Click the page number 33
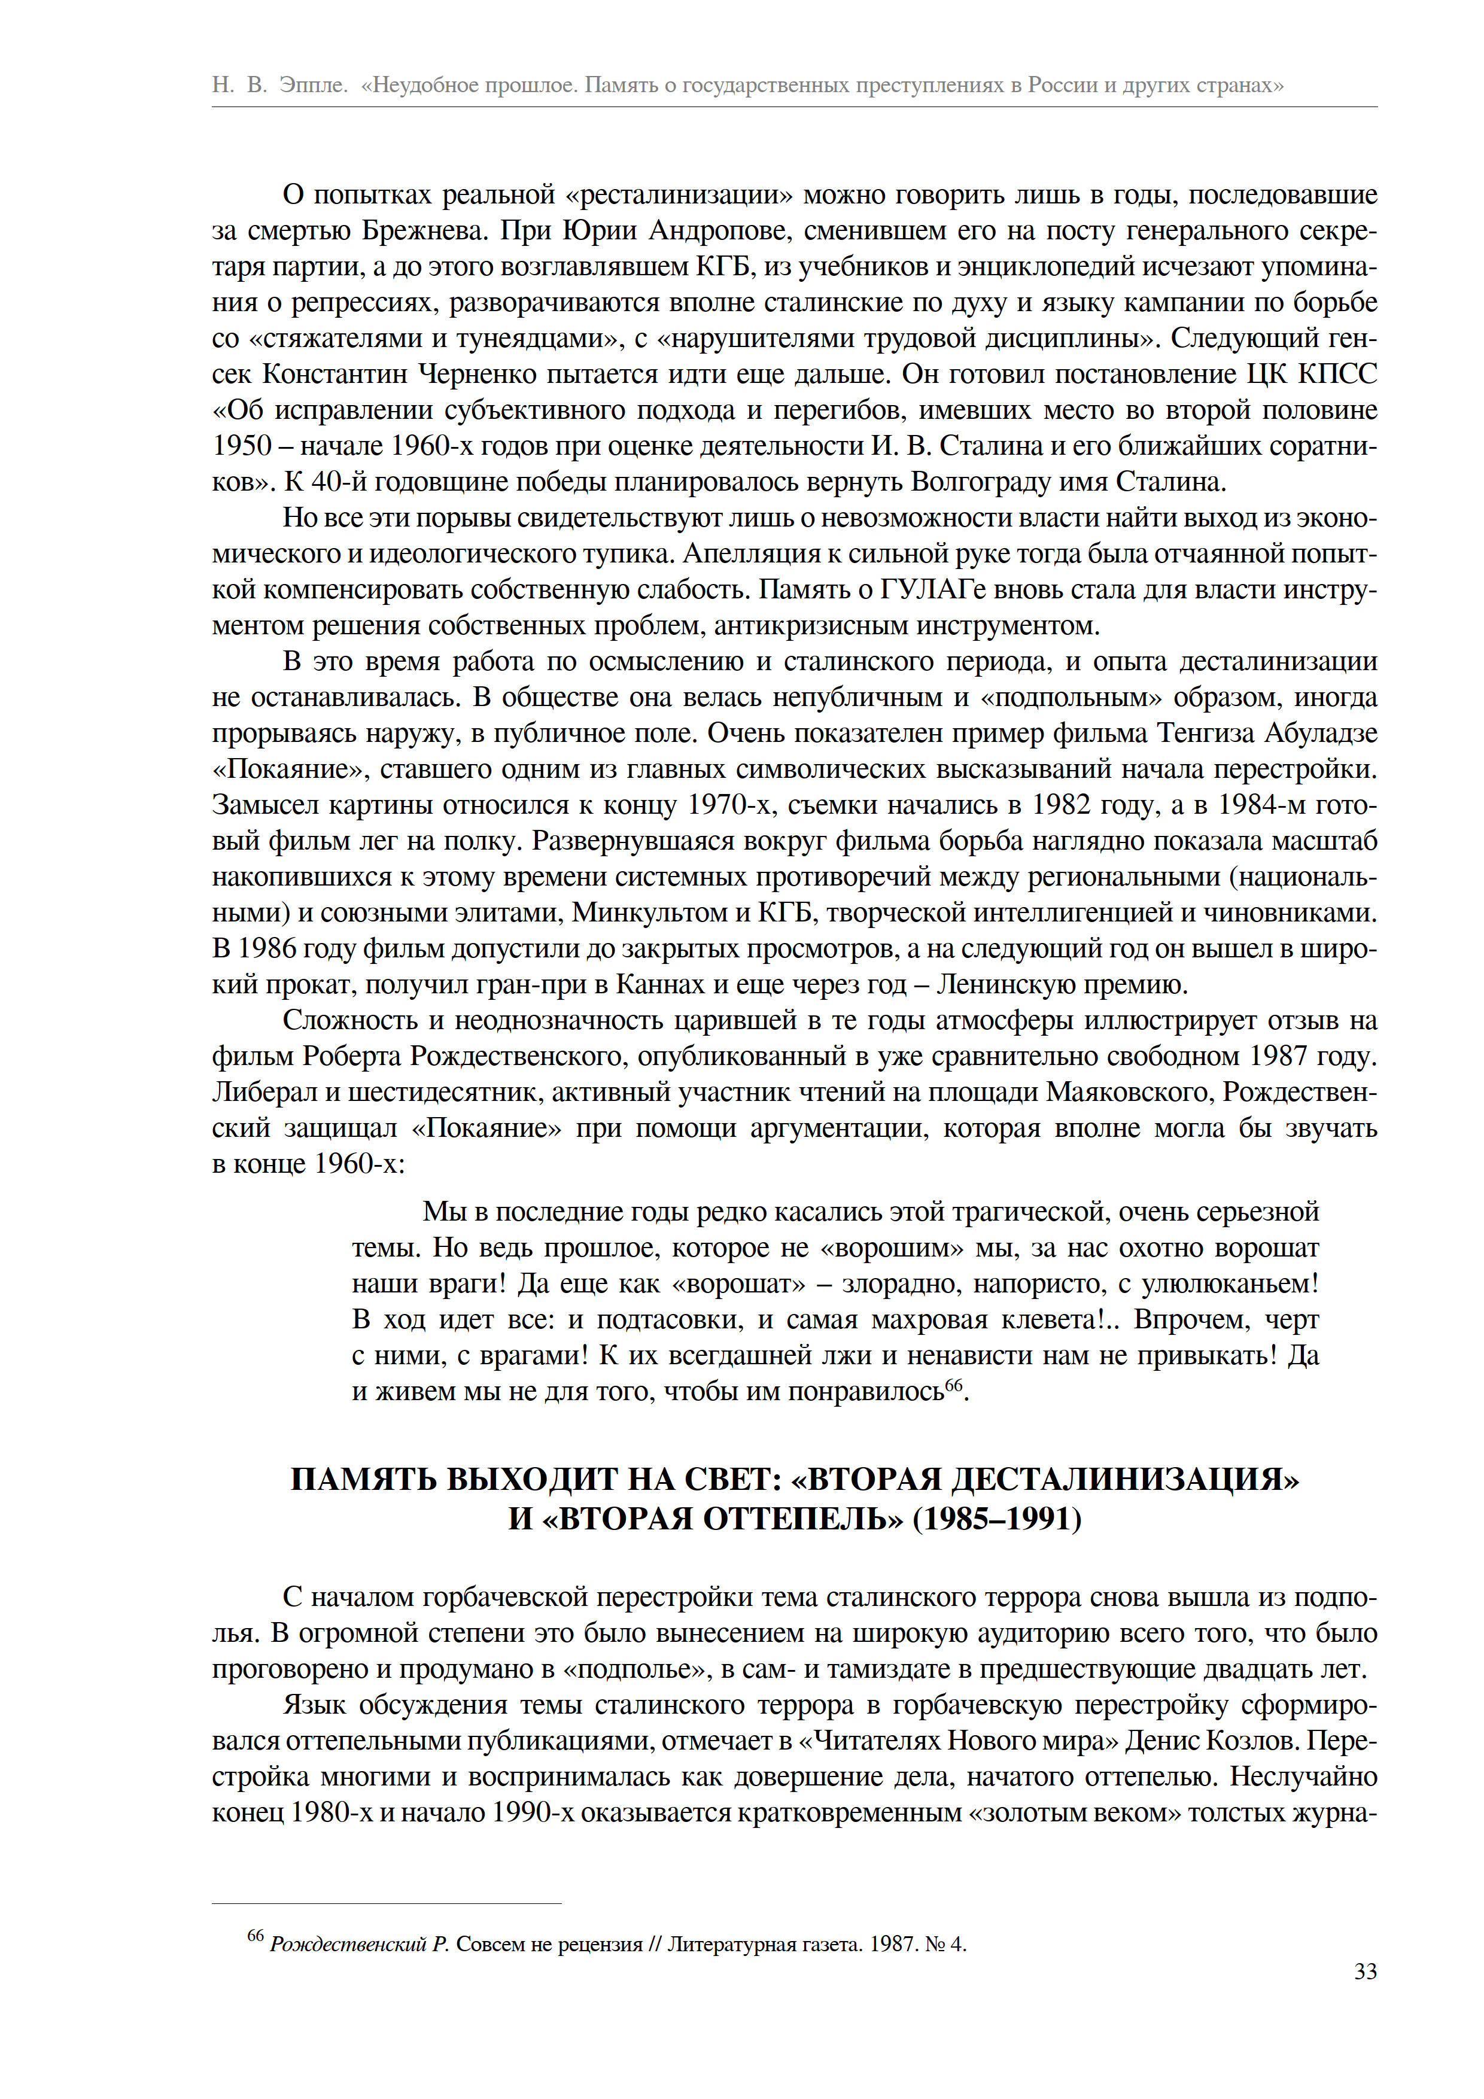point(1365,1972)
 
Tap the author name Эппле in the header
point(314,85)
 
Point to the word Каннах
point(655,985)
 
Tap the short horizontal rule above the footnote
point(386,1903)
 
